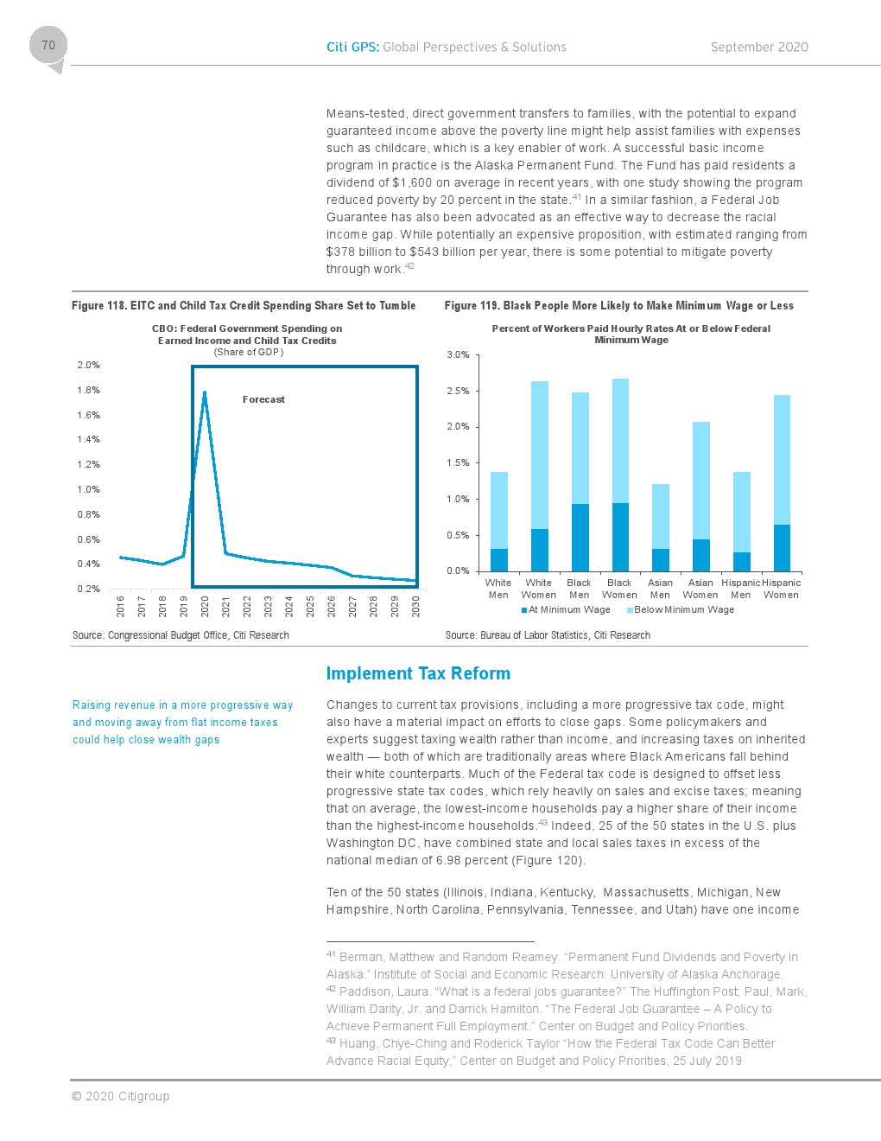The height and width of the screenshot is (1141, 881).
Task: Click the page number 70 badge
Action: click(48, 46)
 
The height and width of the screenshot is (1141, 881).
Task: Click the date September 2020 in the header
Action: click(759, 48)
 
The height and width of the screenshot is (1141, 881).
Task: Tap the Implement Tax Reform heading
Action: click(418, 673)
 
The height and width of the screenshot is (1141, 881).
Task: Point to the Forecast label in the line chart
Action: click(263, 399)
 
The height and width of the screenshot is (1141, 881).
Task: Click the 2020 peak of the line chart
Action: click(205, 393)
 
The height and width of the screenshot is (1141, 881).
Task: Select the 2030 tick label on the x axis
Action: click(415, 605)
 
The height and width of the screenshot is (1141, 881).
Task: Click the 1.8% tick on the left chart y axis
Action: click(88, 390)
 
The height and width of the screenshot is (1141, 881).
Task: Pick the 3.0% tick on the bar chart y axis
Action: click(458, 354)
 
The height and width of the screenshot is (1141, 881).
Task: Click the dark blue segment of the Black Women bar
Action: click(620, 537)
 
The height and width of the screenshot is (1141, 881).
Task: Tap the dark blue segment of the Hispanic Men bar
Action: click(741, 562)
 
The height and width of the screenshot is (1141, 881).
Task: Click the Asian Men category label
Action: click(660, 589)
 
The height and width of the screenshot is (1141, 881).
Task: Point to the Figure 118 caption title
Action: click(244, 305)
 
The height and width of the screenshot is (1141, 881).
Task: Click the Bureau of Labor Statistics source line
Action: click(548, 635)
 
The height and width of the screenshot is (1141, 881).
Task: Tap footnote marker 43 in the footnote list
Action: click(331, 1041)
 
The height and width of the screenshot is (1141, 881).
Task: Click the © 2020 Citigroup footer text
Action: click(120, 1096)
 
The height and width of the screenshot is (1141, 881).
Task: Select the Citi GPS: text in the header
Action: click(352, 48)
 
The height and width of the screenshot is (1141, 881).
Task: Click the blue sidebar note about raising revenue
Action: click(182, 722)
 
